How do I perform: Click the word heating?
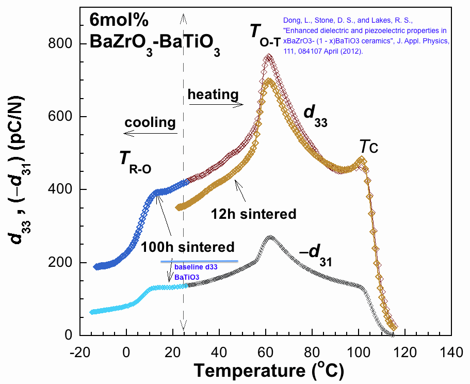(x=213, y=94)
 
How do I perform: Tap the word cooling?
(x=150, y=123)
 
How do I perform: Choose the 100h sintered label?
(x=188, y=247)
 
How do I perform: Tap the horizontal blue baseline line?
(x=199, y=261)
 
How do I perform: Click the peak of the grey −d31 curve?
(x=269, y=238)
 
